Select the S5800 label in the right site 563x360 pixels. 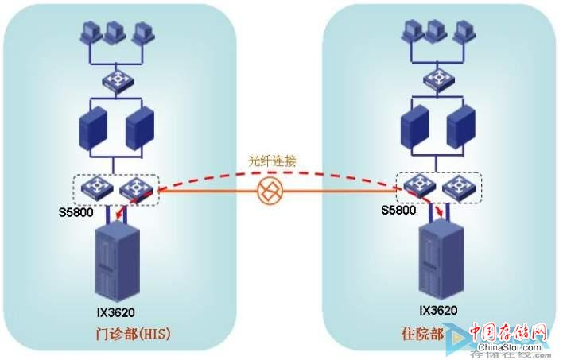[398, 211]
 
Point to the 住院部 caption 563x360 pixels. [422, 333]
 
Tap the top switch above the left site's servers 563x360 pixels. [113, 79]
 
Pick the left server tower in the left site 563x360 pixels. [92, 126]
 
